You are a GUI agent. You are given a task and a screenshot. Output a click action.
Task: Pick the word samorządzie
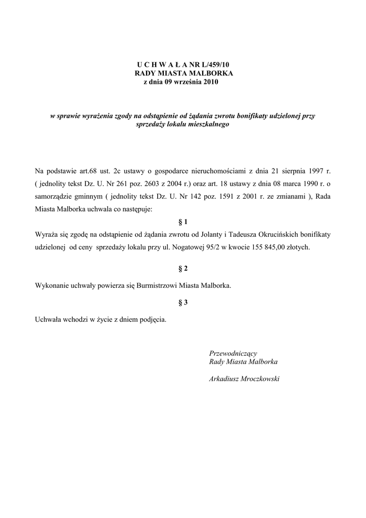pos(54,196)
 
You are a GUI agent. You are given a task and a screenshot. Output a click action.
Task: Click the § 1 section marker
pos(183,222)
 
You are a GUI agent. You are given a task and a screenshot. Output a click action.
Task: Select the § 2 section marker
pos(183,268)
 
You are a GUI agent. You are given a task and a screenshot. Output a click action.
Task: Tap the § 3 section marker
pos(183,303)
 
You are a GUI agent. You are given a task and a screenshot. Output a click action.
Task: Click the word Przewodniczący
pos(234,353)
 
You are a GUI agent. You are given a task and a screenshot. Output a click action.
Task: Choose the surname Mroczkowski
pos(259,378)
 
